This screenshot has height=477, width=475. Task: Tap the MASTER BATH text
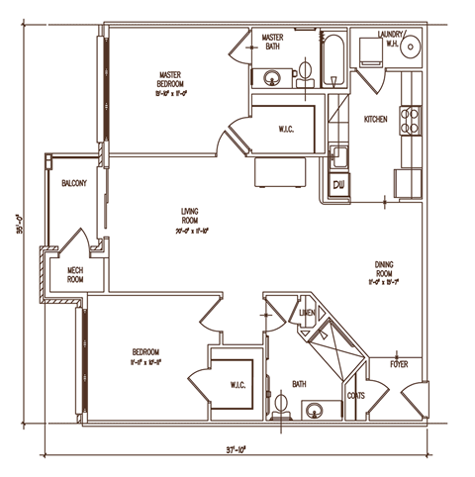[x=272, y=42]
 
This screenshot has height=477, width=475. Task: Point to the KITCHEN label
[x=376, y=119]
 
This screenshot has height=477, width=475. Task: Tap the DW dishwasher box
[x=339, y=184]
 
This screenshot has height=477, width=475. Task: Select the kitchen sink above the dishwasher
[x=339, y=156]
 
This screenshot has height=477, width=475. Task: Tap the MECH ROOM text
[x=74, y=274]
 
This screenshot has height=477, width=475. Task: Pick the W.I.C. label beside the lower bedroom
[x=237, y=384]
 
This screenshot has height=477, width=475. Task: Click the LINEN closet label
[x=307, y=314]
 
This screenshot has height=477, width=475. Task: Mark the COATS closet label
[x=356, y=396]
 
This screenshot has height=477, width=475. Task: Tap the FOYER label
[x=399, y=364]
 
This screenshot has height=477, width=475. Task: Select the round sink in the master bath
[x=271, y=76]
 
